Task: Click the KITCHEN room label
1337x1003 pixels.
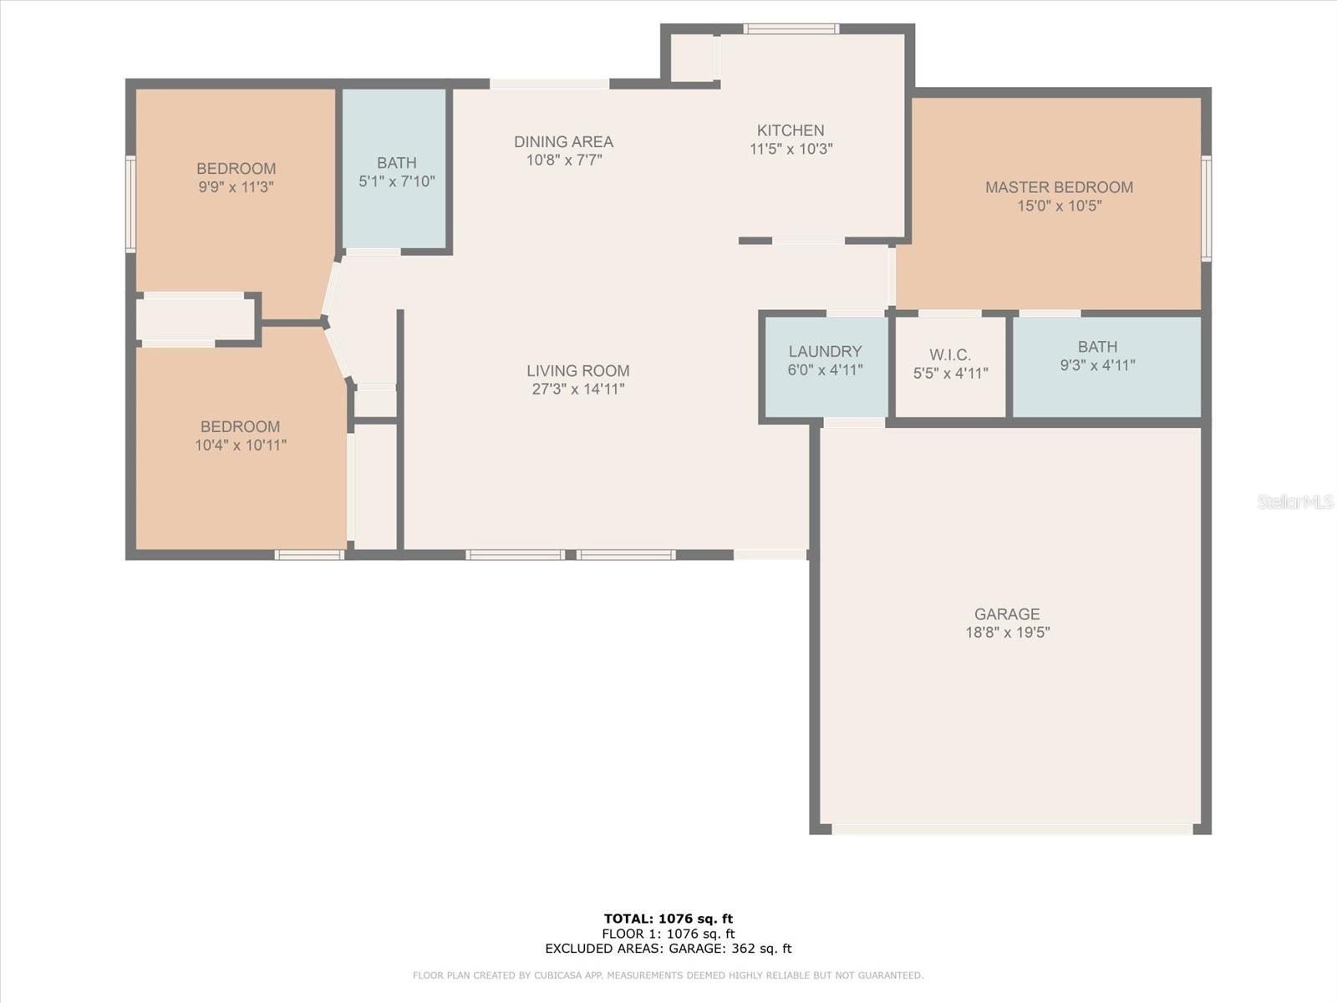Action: (790, 130)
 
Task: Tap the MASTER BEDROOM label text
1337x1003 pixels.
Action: (1060, 187)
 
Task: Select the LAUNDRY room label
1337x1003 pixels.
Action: (826, 351)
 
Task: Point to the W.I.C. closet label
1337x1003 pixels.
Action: (950, 355)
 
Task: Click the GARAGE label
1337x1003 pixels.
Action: (1007, 614)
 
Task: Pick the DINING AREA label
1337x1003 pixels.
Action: (563, 142)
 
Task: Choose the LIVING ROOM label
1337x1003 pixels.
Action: (578, 371)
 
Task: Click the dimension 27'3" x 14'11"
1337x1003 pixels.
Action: (578, 389)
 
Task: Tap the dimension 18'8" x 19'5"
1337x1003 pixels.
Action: (1008, 632)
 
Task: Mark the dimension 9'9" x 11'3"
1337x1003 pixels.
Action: (236, 187)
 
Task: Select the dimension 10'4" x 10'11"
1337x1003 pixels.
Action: (241, 445)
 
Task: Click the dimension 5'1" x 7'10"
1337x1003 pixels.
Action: (397, 181)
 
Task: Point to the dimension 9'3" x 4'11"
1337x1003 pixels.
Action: (1098, 365)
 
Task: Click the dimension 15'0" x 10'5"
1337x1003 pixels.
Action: (1060, 206)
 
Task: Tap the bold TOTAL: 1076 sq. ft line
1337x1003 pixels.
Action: (668, 919)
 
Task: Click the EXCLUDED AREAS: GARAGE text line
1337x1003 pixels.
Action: (668, 948)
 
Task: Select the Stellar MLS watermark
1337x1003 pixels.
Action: (1295, 501)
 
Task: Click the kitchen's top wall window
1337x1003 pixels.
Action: (791, 28)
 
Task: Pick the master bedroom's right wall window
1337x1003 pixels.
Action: (1206, 208)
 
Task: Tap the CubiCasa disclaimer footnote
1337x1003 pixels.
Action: (668, 975)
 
